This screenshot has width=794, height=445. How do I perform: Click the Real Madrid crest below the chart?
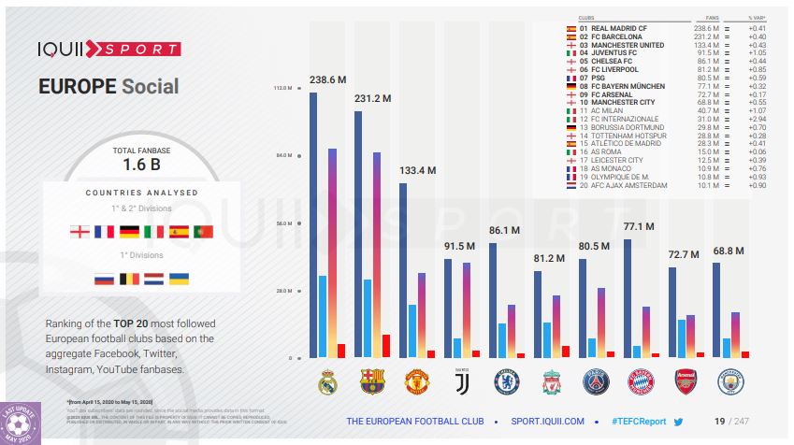(326, 382)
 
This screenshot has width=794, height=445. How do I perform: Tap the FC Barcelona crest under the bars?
(371, 382)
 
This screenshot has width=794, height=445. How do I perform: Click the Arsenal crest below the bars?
(686, 382)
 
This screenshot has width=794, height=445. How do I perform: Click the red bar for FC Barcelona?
(386, 346)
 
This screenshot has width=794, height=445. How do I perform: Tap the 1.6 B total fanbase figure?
(142, 165)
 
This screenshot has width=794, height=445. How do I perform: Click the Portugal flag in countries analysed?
(204, 231)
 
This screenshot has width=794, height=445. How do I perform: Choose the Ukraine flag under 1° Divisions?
(179, 279)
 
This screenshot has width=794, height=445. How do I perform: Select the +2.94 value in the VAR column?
(757, 119)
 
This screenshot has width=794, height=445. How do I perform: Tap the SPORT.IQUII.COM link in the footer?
(544, 422)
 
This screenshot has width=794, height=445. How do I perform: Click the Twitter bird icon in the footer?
(679, 422)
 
